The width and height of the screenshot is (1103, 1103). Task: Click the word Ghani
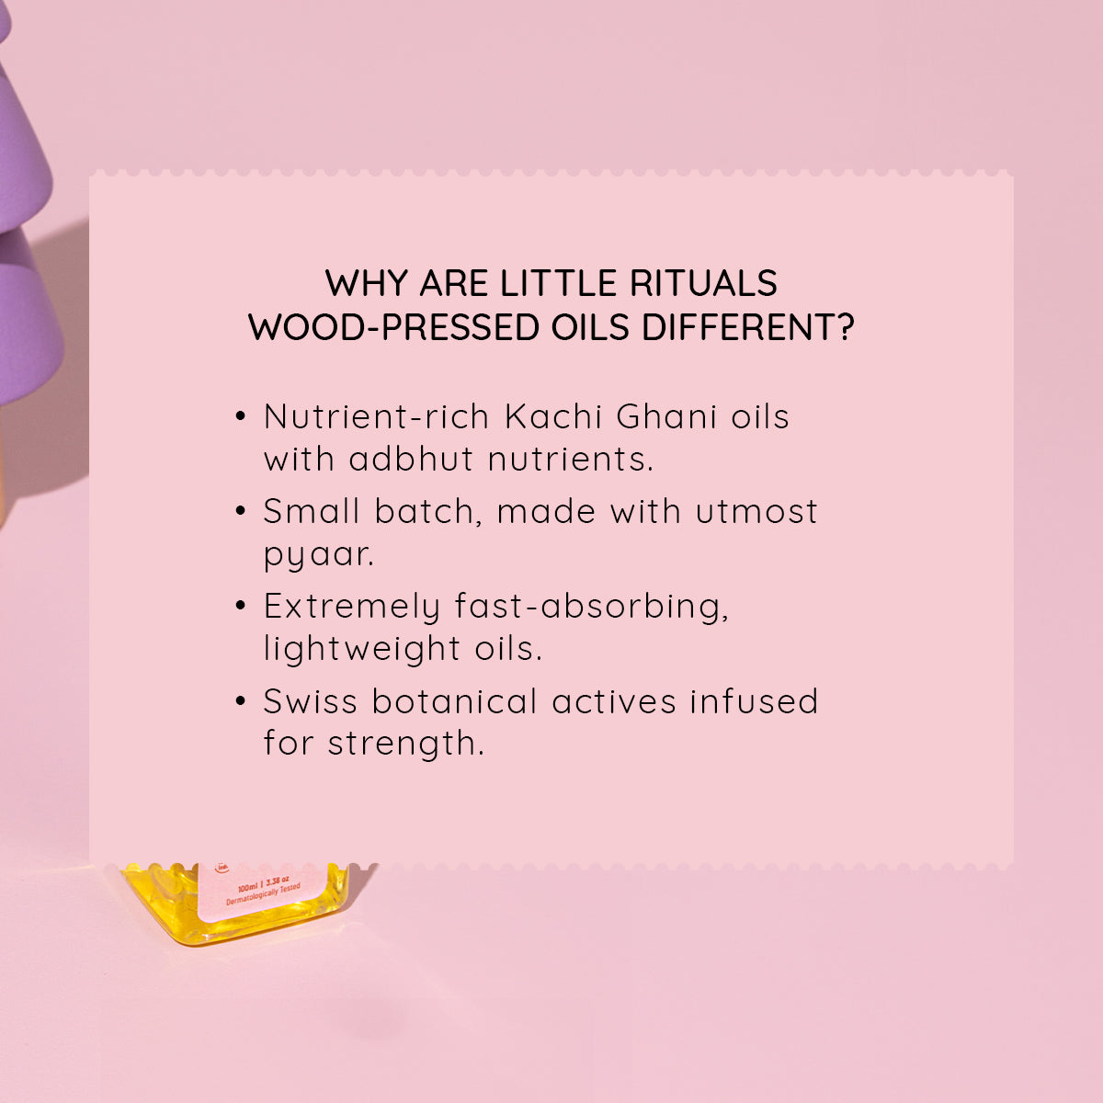[666, 416]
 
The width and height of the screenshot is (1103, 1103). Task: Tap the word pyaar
[318, 555]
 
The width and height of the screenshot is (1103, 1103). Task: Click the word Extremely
[352, 607]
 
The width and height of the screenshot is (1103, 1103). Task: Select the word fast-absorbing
[591, 607]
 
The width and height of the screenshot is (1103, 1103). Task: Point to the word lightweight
[361, 648]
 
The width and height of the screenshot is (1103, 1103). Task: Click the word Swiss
[310, 701]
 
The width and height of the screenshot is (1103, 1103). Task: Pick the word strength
[405, 743]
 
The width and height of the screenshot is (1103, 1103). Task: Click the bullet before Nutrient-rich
[241, 417]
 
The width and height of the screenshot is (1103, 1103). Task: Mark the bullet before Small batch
[241, 512]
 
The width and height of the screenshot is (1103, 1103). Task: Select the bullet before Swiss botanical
[241, 702]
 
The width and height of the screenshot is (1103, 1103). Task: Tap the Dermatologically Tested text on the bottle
[263, 895]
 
